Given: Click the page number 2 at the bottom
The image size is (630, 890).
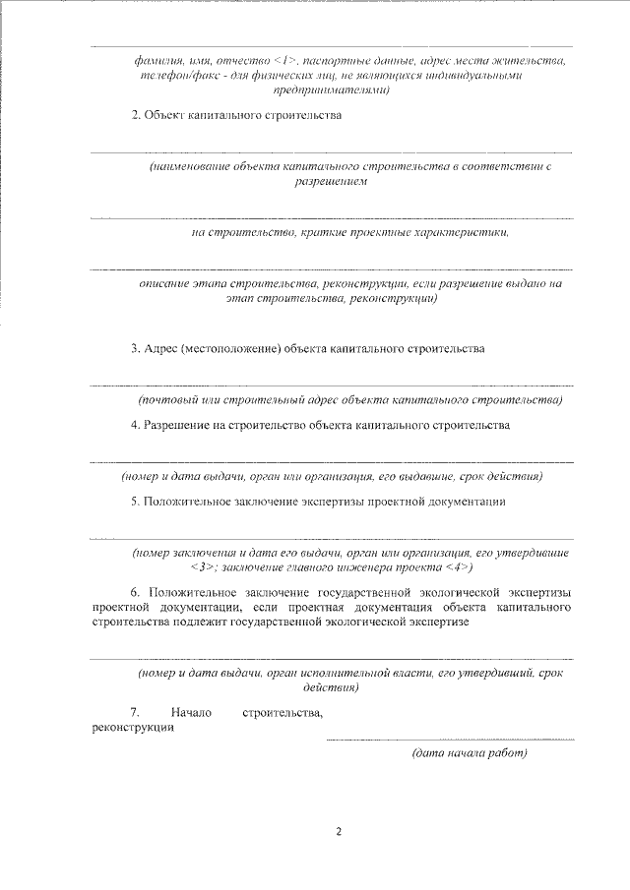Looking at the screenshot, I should pyautogui.click(x=338, y=831).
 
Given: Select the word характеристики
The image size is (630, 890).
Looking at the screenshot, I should pyautogui.click(x=463, y=233).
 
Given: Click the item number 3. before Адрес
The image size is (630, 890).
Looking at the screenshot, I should pyautogui.click(x=136, y=349).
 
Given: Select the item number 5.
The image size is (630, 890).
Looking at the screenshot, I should pyautogui.click(x=136, y=502).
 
